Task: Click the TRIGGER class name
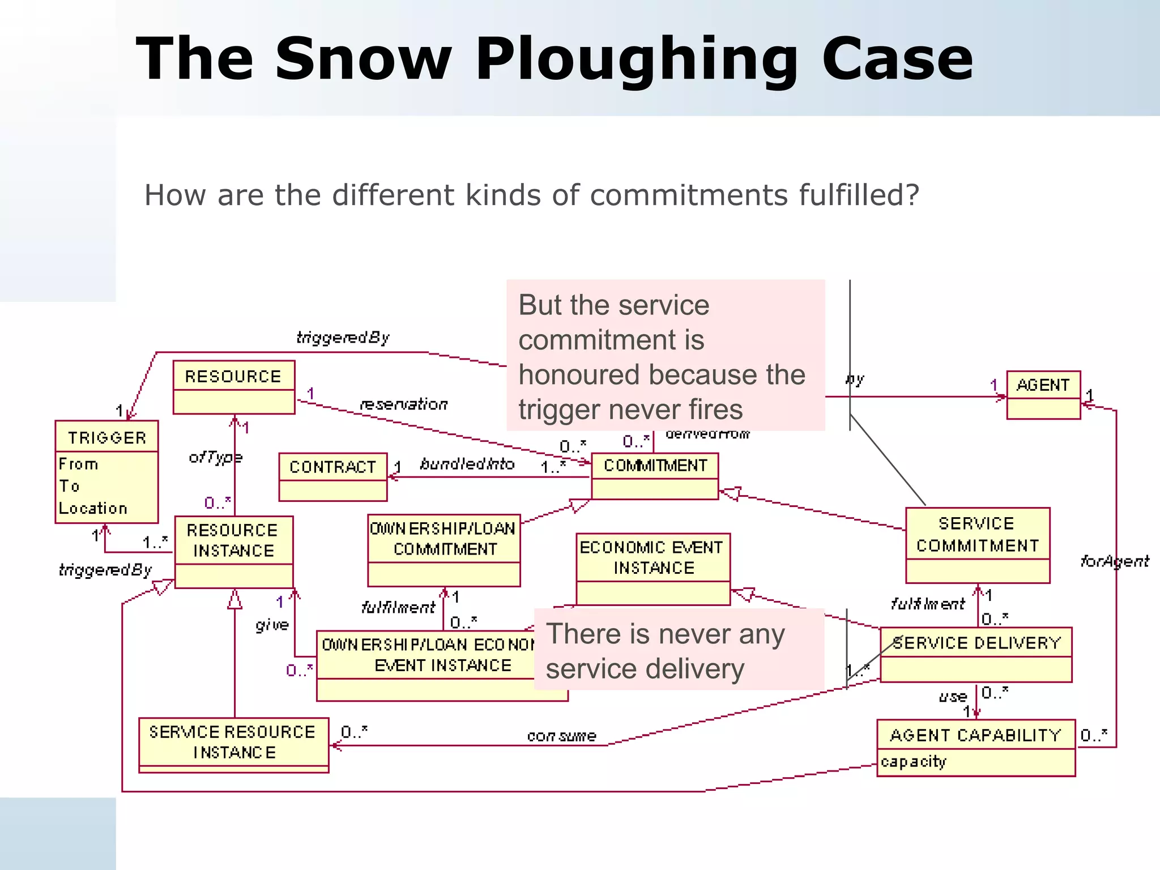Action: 106,437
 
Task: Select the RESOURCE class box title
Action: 233,376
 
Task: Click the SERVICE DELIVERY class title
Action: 976,643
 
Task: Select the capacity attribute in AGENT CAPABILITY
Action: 913,762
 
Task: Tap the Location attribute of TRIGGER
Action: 93,508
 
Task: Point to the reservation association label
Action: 403,404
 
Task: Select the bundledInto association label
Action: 467,464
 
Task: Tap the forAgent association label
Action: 1114,561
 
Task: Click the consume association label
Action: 561,736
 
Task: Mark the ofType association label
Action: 215,457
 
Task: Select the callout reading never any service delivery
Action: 679,650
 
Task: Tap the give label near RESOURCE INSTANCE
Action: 272,625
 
